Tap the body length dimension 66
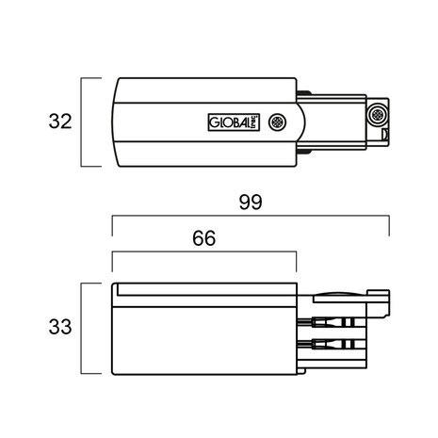coord(203,238)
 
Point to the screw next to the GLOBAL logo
coord(277,122)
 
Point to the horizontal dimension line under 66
coord(203,254)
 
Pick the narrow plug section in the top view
coord(334,122)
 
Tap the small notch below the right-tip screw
coord(380,133)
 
